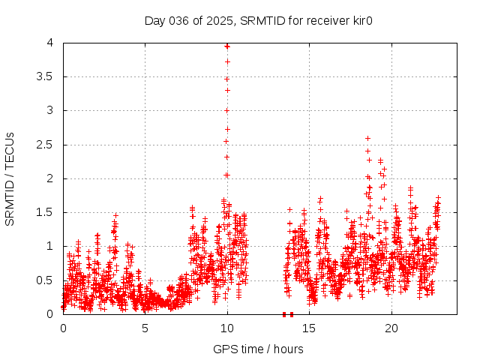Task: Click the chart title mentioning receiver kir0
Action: click(259, 20)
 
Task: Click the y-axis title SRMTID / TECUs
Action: click(10, 178)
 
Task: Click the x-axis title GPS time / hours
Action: click(259, 349)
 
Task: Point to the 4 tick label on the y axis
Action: click(49, 43)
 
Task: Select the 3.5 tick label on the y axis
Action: click(44, 76)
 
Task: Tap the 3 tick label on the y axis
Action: click(49, 110)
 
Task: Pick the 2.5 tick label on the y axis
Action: click(44, 145)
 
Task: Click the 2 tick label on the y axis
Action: click(49, 178)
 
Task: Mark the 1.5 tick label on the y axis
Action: click(44, 212)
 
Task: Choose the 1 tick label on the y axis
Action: click(49, 246)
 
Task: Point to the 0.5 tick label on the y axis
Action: click(44, 280)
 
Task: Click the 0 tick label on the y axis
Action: click(49, 314)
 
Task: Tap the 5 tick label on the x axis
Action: click(145, 328)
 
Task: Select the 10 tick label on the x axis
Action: click(227, 328)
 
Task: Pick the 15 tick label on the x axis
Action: click(310, 328)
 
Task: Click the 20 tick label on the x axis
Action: click(391, 328)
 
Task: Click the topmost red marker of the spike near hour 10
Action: click(227, 46)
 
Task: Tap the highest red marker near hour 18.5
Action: click(367, 138)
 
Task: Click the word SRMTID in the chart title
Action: click(259, 20)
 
